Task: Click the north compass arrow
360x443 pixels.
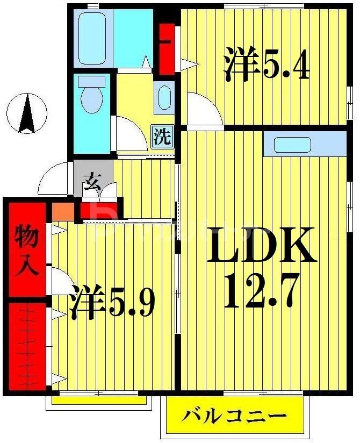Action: (27, 113)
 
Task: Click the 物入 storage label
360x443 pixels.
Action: (26, 250)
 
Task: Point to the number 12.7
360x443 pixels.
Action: (262, 290)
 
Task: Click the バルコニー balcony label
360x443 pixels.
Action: (233, 416)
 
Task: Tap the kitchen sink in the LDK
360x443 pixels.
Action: (292, 145)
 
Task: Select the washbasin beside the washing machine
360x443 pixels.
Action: (164, 97)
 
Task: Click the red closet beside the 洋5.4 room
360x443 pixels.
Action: (167, 47)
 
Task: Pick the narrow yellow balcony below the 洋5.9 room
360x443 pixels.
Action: (99, 400)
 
